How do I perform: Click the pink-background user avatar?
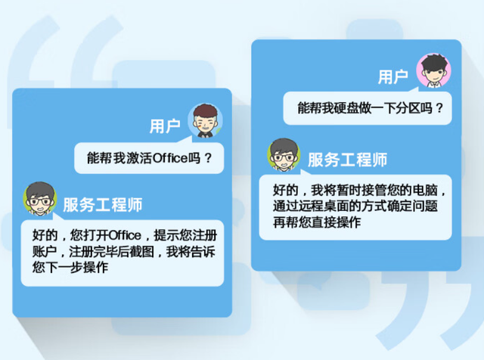tap(433, 70)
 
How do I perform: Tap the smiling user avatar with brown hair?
tap(205, 120)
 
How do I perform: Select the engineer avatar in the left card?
tap(40, 199)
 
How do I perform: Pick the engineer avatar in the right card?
tap(284, 155)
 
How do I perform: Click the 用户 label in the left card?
tap(165, 126)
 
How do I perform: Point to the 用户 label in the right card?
tap(393, 76)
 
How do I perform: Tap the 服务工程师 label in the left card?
tap(103, 205)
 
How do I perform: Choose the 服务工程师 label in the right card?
tap(348, 160)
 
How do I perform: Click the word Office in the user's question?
tap(170, 158)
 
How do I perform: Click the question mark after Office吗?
tap(209, 158)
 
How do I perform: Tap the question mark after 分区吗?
tap(439, 108)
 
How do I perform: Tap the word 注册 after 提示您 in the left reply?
tap(204, 235)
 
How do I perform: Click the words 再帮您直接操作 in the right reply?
tap(317, 222)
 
